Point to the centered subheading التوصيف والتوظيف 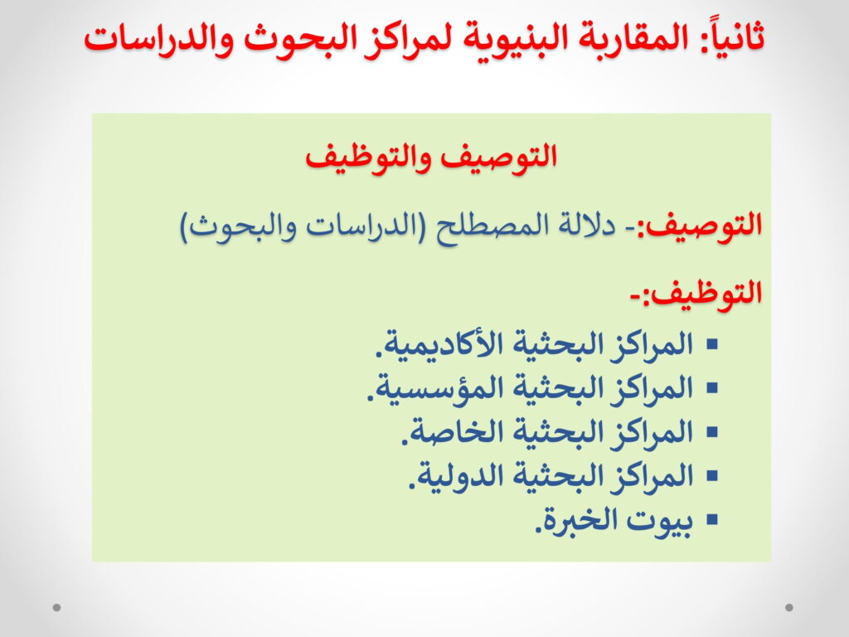[x=431, y=157]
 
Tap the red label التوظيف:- [x=696, y=293]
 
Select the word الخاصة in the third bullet [x=444, y=432]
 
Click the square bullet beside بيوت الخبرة [x=712, y=520]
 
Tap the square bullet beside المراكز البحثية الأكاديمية [x=712, y=344]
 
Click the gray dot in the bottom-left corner [x=57, y=607]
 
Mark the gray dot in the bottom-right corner [x=789, y=607]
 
